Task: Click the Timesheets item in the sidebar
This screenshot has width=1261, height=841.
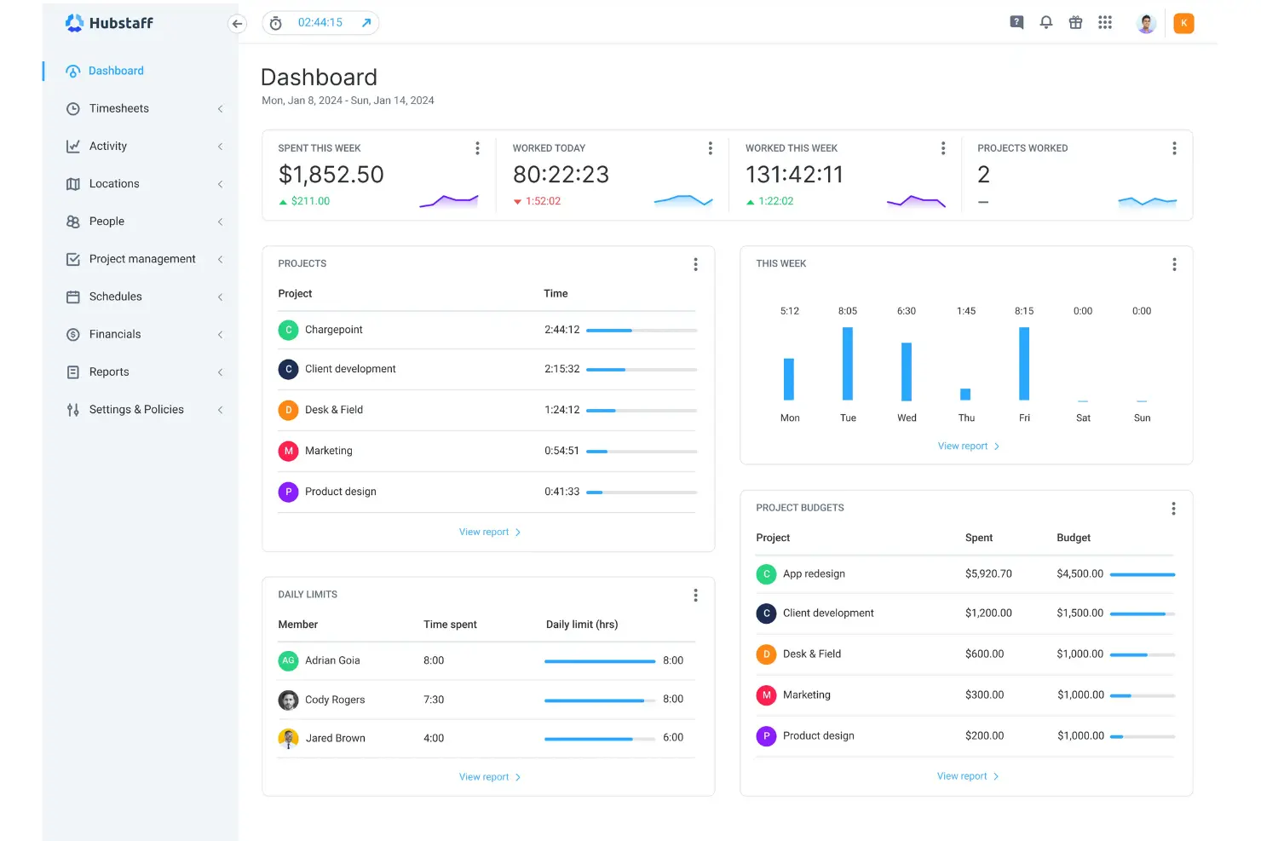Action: [118, 108]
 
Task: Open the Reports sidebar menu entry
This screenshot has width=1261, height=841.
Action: [109, 372]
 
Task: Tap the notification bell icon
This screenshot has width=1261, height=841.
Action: [1046, 23]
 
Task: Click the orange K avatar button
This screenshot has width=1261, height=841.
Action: [1183, 23]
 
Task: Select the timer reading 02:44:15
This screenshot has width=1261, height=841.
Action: [320, 23]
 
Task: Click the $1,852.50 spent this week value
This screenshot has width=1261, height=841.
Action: [331, 175]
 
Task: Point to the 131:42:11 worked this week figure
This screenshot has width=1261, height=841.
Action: [794, 175]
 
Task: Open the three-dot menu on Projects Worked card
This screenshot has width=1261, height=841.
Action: [1174, 148]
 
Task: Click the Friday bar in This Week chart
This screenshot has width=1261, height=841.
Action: [1024, 364]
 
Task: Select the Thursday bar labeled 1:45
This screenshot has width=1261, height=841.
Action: [965, 394]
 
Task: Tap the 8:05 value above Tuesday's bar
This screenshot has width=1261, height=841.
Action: [847, 311]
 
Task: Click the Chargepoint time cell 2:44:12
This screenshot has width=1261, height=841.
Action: [561, 330]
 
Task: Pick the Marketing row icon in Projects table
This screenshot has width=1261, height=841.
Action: [288, 451]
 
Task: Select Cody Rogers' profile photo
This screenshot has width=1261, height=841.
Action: [288, 700]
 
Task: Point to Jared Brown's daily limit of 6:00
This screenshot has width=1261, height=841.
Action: [672, 738]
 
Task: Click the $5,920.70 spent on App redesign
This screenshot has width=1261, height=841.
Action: [988, 573]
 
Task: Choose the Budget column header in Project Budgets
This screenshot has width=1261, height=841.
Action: [1073, 538]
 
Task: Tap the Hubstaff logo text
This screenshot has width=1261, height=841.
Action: [121, 23]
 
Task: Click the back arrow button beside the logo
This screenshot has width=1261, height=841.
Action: [238, 24]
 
